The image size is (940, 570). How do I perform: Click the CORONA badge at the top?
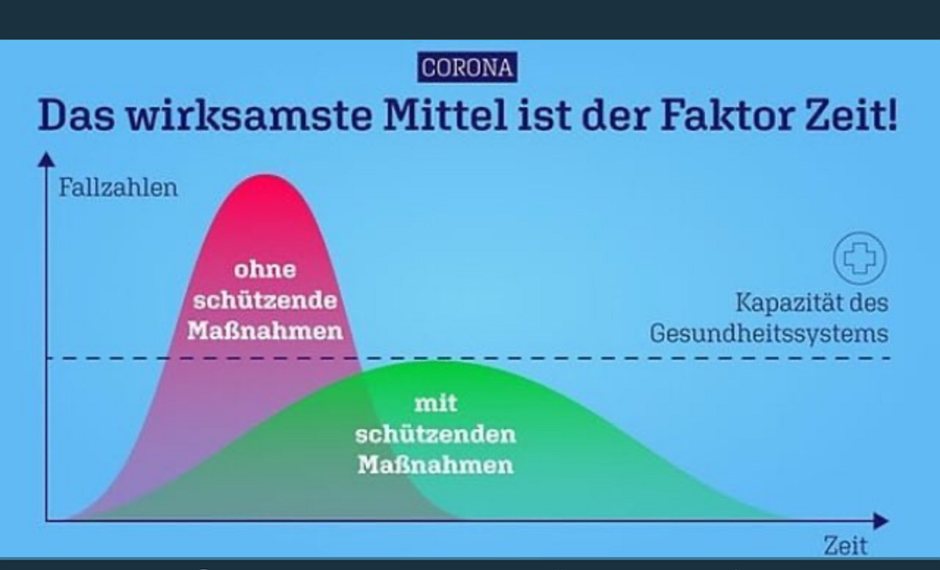pos(467,67)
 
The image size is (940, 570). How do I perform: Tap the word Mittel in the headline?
pos(445,114)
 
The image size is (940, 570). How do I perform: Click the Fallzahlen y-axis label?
pos(118,187)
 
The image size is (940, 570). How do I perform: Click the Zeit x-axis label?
pos(845,545)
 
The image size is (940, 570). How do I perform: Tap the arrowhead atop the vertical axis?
pos(46,160)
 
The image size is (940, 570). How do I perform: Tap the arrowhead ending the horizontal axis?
pos(881,521)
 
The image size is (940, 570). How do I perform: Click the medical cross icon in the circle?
pos(860,258)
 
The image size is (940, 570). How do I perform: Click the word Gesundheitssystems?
pos(769,334)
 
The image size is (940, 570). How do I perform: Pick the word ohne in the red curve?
pos(266,269)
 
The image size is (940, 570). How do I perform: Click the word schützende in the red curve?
pos(266,301)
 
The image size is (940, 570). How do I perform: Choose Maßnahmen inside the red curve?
pos(266,330)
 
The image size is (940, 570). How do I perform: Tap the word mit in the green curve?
pos(436,403)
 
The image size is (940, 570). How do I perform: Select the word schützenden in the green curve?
pos(436,434)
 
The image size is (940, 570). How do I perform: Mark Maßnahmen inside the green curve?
pos(436,465)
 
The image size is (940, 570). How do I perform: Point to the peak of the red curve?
pos(266,175)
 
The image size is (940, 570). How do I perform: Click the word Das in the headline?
pos(77,114)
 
